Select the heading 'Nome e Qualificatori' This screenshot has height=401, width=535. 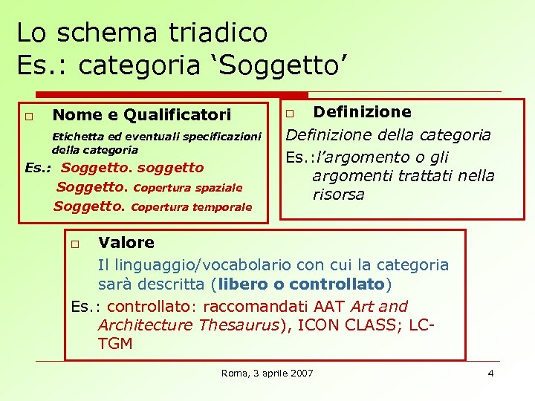[142, 115]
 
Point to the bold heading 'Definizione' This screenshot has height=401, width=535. [362, 112]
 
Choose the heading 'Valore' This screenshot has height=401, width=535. [126, 243]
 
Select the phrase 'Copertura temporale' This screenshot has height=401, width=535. [192, 207]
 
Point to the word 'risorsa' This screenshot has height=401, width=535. [338, 195]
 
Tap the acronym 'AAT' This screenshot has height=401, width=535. [330, 306]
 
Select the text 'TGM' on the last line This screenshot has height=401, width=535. [115, 344]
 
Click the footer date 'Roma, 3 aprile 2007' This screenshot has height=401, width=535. [267, 373]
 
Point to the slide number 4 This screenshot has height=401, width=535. [490, 373]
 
